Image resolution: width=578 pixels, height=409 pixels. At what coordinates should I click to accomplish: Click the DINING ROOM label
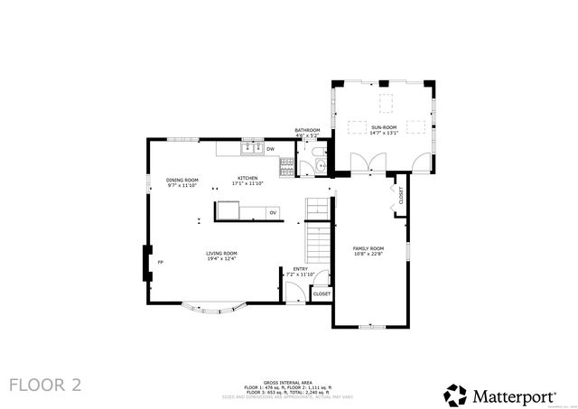(x=182, y=180)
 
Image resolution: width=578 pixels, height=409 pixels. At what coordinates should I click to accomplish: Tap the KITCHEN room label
(x=247, y=178)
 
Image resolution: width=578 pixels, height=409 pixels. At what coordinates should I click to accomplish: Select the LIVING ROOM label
(x=221, y=254)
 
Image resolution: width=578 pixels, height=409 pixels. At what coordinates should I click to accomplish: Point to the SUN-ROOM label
(x=384, y=127)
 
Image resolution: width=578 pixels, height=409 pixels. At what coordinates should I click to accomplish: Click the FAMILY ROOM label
(x=368, y=247)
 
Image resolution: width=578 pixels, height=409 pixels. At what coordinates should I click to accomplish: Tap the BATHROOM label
(x=307, y=130)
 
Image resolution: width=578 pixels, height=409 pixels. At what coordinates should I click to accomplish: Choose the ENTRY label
(x=300, y=268)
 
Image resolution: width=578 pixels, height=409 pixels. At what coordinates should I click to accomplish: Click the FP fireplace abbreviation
(x=161, y=262)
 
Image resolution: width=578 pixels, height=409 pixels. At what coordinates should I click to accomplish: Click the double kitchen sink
(x=251, y=148)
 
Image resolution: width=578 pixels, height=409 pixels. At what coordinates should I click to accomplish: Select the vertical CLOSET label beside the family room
(x=401, y=195)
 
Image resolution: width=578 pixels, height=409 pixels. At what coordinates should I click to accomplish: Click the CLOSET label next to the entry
(x=322, y=294)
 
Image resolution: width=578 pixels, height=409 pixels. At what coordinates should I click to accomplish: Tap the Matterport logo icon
(x=454, y=394)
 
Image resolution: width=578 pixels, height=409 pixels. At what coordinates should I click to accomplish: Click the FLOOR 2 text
(x=45, y=385)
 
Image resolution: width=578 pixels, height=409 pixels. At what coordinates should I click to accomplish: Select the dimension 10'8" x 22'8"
(x=368, y=253)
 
